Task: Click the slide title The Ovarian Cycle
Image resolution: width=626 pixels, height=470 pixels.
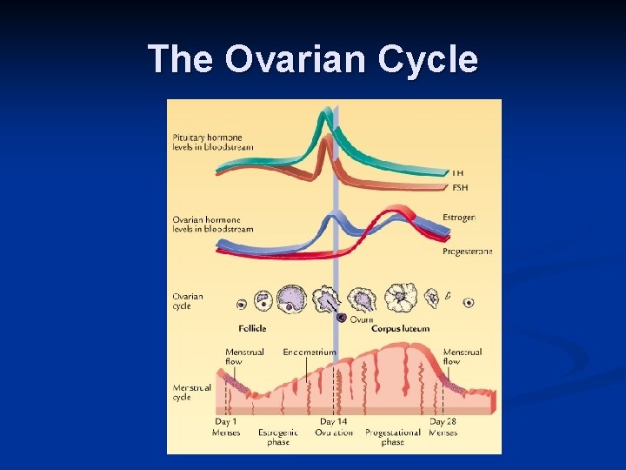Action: (313, 59)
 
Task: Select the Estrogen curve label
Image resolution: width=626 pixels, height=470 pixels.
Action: (459, 217)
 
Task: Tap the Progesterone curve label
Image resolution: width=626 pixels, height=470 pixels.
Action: (467, 251)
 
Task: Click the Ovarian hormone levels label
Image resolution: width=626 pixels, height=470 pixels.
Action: (212, 225)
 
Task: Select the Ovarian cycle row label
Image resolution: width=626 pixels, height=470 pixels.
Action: (187, 300)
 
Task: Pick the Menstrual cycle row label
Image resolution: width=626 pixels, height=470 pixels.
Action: (191, 392)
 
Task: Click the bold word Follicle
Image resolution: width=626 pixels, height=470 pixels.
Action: (252, 328)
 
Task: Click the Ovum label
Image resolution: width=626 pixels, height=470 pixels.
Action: (362, 319)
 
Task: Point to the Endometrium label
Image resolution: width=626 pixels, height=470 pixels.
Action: (310, 352)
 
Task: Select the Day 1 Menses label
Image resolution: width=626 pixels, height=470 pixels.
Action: (226, 427)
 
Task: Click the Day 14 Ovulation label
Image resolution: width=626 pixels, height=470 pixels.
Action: (334, 427)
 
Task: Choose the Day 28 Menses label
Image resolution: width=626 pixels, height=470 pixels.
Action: (443, 427)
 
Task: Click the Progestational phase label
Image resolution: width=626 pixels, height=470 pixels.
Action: (392, 437)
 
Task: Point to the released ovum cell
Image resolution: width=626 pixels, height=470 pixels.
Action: (343, 319)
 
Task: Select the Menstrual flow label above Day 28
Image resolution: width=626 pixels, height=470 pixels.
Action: (463, 356)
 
